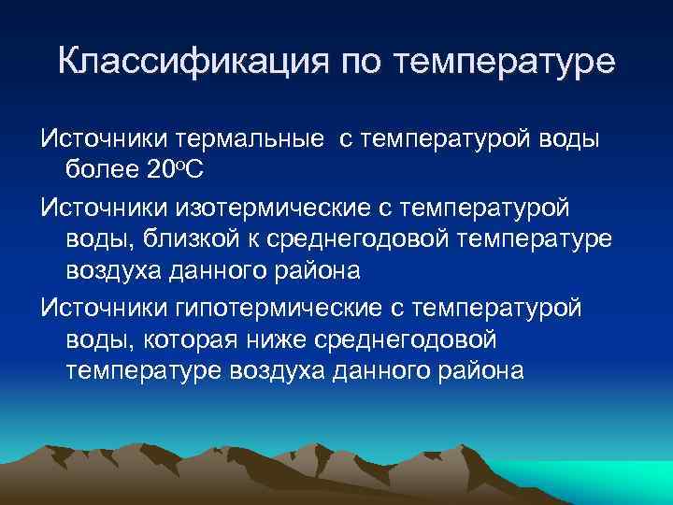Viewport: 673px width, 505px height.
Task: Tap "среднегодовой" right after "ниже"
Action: pyautogui.click(x=402, y=338)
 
